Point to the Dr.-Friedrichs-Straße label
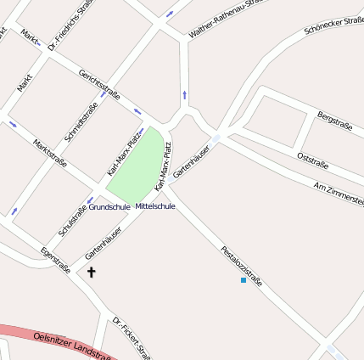tap(70, 26)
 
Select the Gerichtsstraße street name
tap(100, 83)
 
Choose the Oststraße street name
tap(312, 160)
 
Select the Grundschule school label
tap(109, 206)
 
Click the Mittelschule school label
tap(155, 206)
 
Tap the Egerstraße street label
tap(55, 260)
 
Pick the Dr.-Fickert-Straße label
tap(132, 338)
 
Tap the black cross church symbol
tap(91, 272)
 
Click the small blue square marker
tap(244, 279)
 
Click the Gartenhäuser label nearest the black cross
tap(103, 243)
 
